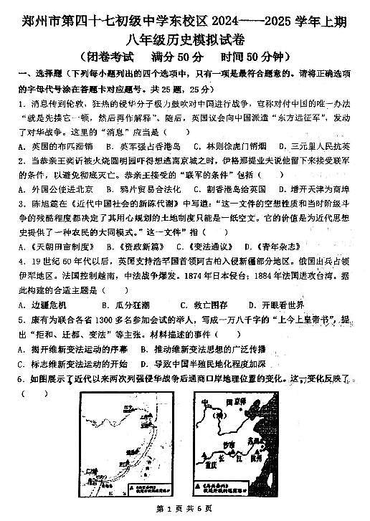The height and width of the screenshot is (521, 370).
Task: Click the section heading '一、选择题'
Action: tap(34, 74)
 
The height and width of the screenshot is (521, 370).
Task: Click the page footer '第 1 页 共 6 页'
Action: tap(184, 509)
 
